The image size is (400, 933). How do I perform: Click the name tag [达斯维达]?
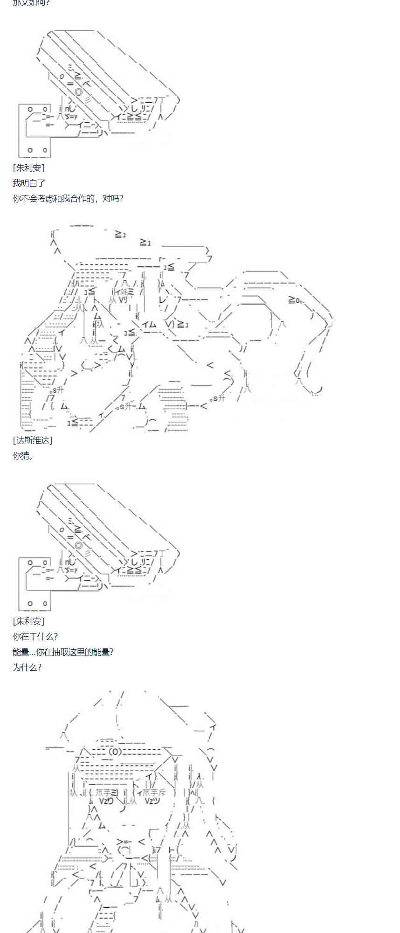[33, 440]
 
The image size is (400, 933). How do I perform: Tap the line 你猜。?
[23, 455]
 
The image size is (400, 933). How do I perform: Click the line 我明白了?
[29, 183]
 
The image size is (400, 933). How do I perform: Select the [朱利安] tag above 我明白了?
[29, 168]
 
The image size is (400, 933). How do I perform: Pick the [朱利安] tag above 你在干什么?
[29, 621]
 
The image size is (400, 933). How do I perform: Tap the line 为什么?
[27, 667]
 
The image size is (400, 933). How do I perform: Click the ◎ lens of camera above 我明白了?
[79, 92]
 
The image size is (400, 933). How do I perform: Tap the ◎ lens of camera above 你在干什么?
[79, 545]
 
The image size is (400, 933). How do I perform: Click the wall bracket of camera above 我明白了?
[35, 131]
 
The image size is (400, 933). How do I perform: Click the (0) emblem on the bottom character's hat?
[115, 752]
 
